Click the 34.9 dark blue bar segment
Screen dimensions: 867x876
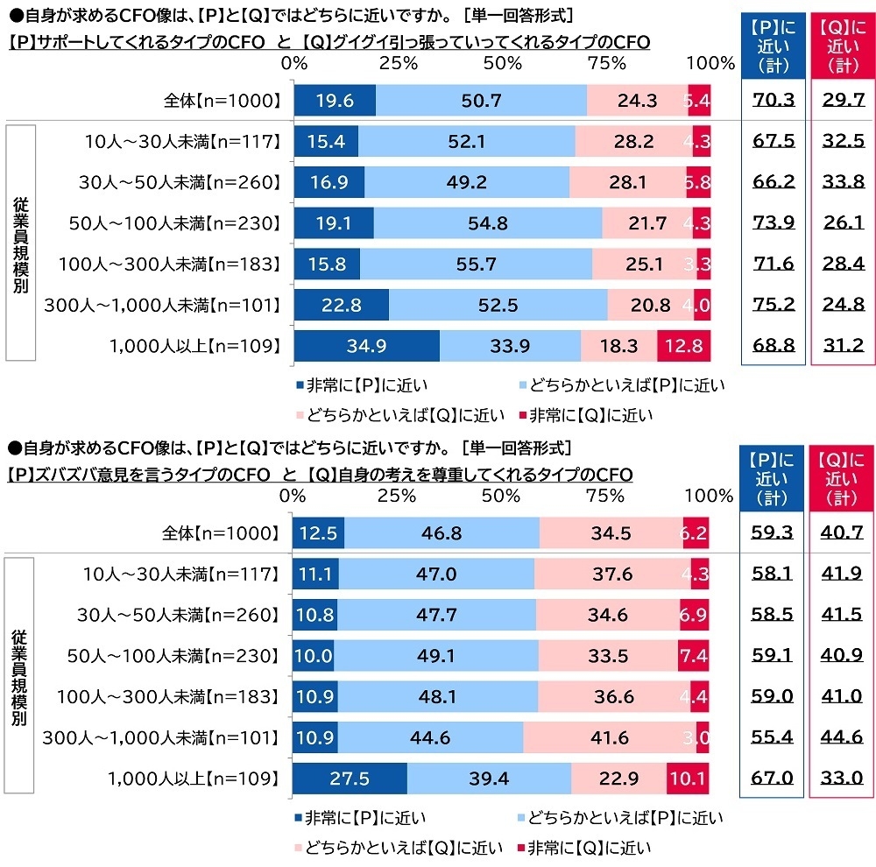pyautogui.click(x=366, y=345)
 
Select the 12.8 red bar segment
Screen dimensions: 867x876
pyautogui.click(x=683, y=345)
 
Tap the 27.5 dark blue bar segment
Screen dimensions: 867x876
pyautogui.click(x=350, y=778)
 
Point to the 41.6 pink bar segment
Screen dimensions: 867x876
pyautogui.click(x=609, y=737)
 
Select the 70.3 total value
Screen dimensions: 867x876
pyautogui.click(x=773, y=100)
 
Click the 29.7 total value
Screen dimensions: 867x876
pyautogui.click(x=843, y=100)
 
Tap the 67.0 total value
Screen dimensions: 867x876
pyautogui.click(x=772, y=778)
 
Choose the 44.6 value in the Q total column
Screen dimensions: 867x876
pyautogui.click(x=842, y=737)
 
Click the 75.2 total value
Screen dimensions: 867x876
pyautogui.click(x=773, y=305)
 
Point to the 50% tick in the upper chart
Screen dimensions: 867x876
pyautogui.click(x=502, y=63)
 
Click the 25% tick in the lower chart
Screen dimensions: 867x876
pyautogui.click(x=396, y=496)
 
